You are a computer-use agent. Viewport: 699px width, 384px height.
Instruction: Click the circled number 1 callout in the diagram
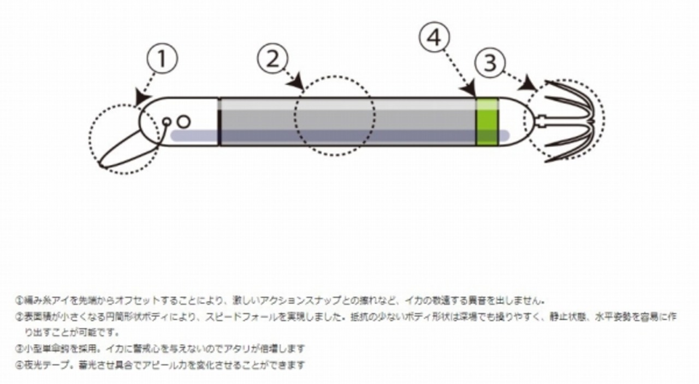[162, 59]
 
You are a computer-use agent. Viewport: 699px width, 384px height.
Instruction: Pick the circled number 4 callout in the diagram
[434, 38]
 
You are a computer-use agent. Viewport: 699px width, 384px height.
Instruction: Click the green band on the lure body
[487, 122]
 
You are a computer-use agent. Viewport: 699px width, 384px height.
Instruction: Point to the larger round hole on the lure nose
[183, 122]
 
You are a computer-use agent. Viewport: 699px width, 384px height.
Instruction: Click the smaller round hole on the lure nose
[167, 123]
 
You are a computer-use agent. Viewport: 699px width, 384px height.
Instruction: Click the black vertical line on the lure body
[219, 122]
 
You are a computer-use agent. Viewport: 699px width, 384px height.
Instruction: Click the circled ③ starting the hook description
[19, 349]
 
